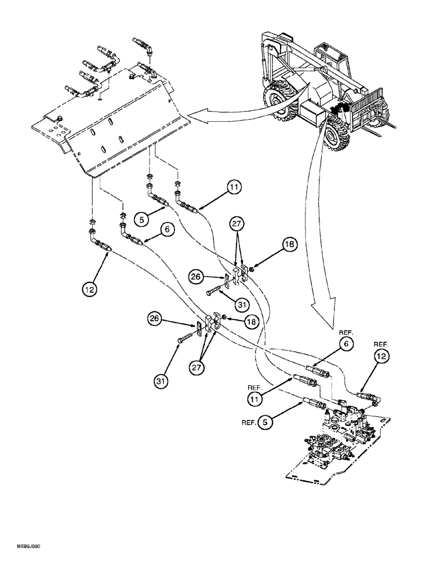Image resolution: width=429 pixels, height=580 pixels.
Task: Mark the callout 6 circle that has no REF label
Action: pos(168,230)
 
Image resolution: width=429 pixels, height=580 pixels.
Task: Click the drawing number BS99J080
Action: pos(24,546)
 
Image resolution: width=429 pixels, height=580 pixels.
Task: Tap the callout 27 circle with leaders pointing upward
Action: pos(197,368)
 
